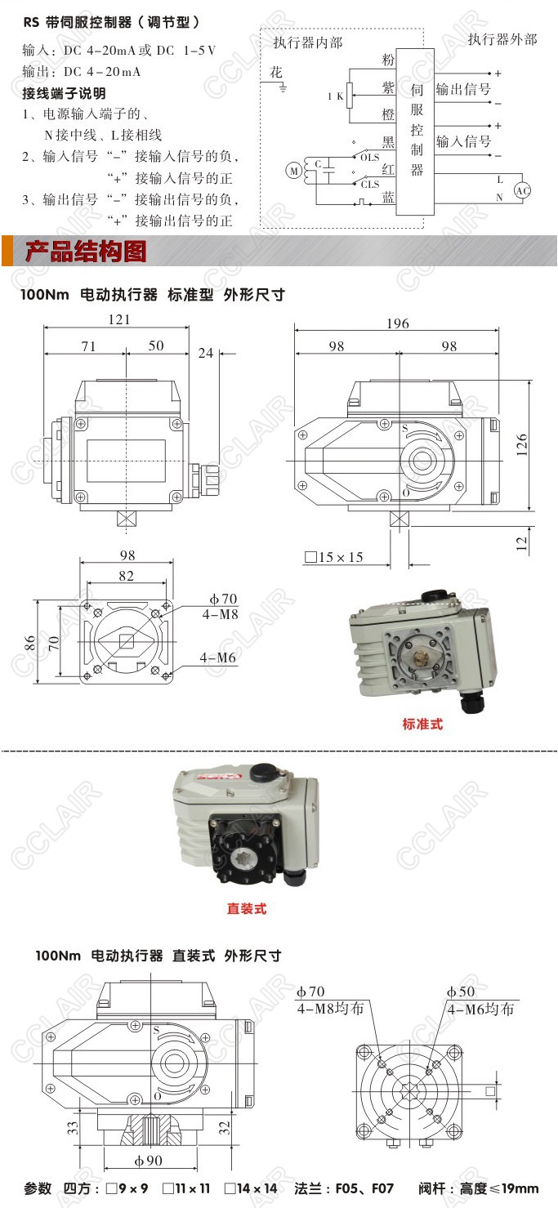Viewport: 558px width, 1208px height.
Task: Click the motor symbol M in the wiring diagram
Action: coord(294,171)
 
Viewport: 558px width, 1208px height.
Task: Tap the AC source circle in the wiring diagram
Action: coord(522,190)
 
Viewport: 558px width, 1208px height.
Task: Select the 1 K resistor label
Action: coord(335,96)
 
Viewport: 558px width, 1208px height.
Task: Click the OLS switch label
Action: coord(370,158)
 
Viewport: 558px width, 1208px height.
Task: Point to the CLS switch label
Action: coord(370,185)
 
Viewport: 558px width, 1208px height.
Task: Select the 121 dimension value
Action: coord(119,319)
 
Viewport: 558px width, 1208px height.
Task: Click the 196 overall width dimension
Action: coord(398,323)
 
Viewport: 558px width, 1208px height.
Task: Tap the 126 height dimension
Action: coord(522,445)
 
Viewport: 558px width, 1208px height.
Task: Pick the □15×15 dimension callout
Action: coord(334,557)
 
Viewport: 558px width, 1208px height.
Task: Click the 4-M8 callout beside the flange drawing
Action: coord(221,614)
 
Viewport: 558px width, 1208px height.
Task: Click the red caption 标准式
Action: coord(422,724)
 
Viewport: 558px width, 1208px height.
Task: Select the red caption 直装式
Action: coord(247,909)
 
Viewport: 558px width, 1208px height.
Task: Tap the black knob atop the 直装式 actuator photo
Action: coord(264,773)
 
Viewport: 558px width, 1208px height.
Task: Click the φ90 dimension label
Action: coord(148,1161)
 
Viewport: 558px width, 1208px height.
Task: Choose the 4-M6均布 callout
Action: coord(481,1009)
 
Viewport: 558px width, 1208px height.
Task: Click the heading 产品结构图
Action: coord(86,252)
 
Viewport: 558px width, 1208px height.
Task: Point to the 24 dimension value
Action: coord(206,353)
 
